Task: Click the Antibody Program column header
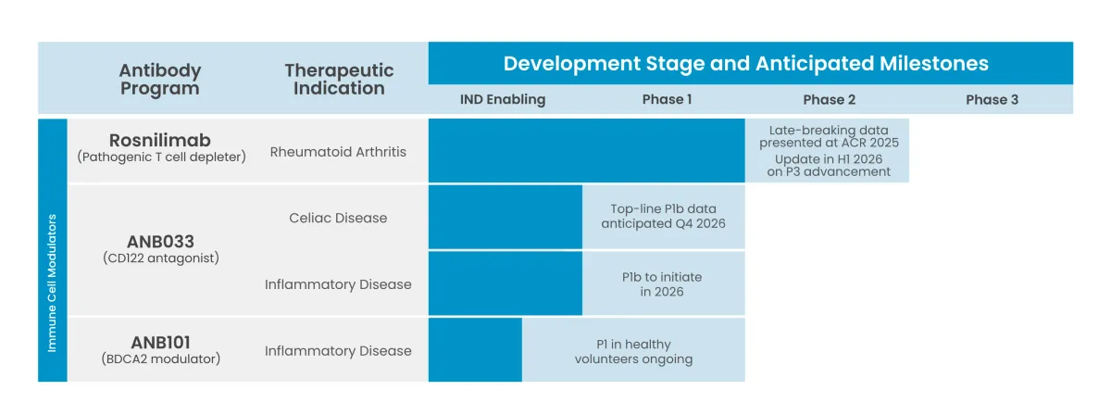(159, 80)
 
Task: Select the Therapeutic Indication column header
(339, 80)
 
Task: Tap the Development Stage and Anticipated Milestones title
(745, 64)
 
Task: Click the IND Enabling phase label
(503, 99)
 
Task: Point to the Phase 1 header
(667, 99)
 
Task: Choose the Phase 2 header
(829, 99)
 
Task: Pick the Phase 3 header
(992, 99)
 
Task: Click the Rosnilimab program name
(159, 140)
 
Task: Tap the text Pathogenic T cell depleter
(161, 157)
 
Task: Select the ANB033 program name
(161, 241)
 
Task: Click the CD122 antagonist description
(161, 258)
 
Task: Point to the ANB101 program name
(161, 341)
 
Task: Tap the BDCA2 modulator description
(161, 358)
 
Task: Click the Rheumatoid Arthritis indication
(338, 151)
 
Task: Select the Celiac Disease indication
(338, 218)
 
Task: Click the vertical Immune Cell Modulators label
(53, 283)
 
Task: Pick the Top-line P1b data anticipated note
(663, 216)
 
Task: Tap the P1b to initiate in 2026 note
(662, 283)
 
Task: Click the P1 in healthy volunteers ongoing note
(633, 351)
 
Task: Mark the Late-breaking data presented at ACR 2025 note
(829, 136)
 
